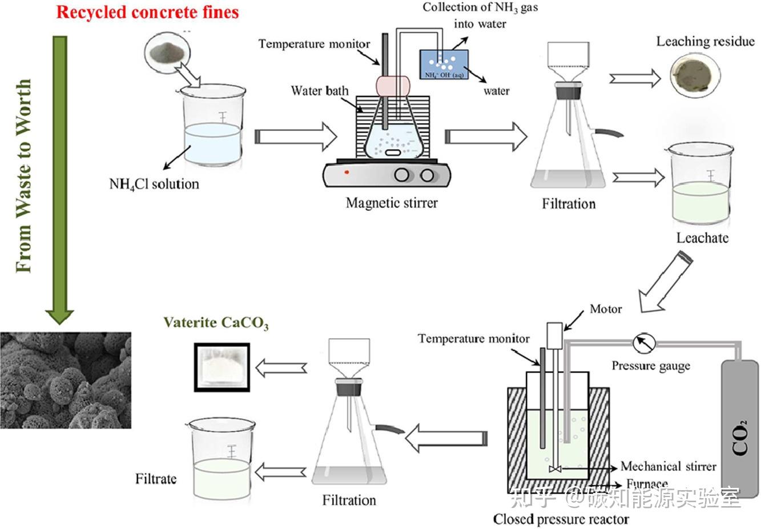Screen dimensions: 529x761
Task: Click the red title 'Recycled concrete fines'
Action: tap(147, 13)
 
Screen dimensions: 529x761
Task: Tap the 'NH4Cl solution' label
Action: tap(154, 184)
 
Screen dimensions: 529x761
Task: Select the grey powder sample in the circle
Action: tap(167, 53)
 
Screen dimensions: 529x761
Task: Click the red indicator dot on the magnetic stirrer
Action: tap(347, 172)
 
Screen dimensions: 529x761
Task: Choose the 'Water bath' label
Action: tap(319, 91)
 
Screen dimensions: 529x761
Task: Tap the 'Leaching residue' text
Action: tap(705, 41)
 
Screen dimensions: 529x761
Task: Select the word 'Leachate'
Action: tap(702, 238)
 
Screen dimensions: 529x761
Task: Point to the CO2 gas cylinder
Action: tap(740, 428)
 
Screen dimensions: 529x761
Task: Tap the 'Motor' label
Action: tap(606, 309)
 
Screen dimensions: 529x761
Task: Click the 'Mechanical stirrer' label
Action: tap(668, 466)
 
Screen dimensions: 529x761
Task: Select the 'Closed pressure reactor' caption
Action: tap(561, 519)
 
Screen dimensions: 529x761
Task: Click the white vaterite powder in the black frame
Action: tap(222, 366)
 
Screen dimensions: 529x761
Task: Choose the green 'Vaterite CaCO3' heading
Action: tap(216, 323)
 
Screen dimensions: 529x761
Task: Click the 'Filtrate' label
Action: tap(156, 479)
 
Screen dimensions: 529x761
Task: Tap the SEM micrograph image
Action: tap(66, 380)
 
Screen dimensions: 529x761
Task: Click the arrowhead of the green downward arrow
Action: tap(60, 315)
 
